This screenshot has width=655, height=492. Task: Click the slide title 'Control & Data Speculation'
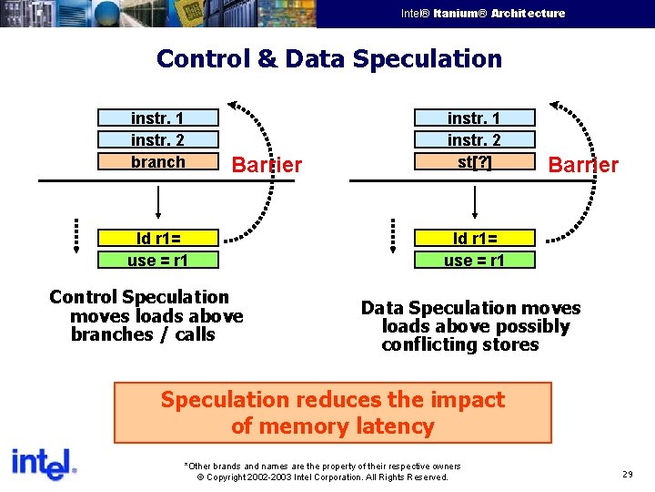coord(328,59)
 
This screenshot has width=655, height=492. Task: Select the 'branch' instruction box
coord(158,162)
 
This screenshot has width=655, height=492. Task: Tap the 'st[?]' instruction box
coord(474,162)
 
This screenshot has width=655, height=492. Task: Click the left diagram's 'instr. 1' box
coord(158,118)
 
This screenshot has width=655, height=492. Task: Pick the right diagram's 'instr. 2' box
coord(474,140)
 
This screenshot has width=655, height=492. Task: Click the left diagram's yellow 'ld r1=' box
coord(158,239)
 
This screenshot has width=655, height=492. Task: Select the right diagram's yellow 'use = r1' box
coord(474,261)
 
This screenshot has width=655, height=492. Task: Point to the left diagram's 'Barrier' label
coord(267,165)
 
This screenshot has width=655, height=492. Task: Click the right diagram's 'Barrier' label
coord(583,165)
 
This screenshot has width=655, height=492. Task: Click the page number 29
coord(628,475)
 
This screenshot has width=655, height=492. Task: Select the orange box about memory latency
coord(332,413)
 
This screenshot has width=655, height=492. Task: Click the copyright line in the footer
coord(322,477)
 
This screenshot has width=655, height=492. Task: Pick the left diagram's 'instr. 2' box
coord(158,140)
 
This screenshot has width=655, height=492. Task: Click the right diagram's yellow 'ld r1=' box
coord(474,239)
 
